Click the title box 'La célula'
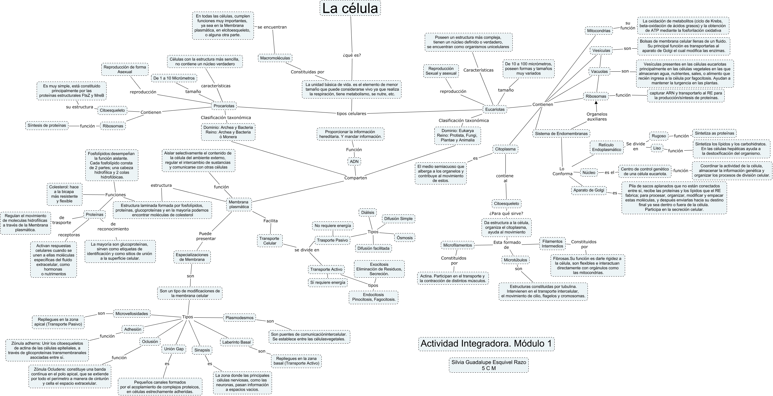(350, 8)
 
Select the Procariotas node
(224, 106)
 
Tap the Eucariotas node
(495, 109)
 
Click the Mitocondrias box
(599, 31)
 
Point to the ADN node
(354, 161)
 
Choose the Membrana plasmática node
(239, 205)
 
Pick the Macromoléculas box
(275, 58)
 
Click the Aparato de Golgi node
(588, 190)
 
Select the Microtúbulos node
(515, 260)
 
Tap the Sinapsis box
(202, 350)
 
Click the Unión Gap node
(174, 349)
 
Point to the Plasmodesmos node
(239, 318)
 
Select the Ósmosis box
(404, 238)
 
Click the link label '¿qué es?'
(352, 55)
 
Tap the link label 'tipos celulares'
(351, 114)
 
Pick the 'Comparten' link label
(355, 178)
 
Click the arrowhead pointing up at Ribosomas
(596, 102)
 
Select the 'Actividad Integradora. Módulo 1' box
(486, 344)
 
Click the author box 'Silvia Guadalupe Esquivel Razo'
(489, 365)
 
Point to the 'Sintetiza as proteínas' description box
(714, 133)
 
